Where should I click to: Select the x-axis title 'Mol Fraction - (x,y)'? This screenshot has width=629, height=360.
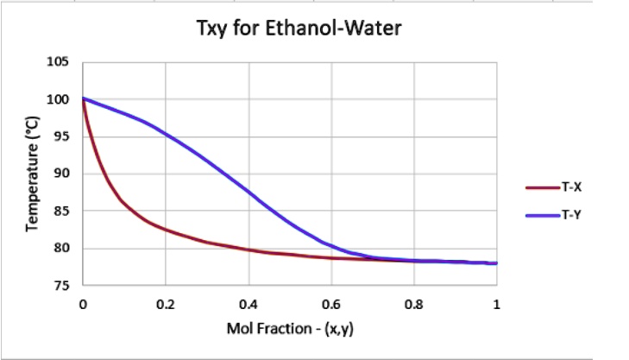(x=289, y=330)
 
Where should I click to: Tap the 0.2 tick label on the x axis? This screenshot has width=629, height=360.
(x=165, y=304)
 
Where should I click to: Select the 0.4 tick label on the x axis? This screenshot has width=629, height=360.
(x=248, y=304)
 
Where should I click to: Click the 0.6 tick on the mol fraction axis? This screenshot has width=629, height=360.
(x=330, y=304)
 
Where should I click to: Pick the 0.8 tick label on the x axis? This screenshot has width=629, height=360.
(x=413, y=304)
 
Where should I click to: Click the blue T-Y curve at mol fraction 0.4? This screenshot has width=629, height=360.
(x=248, y=191)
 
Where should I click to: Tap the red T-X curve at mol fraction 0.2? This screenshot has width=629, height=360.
(x=166, y=231)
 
